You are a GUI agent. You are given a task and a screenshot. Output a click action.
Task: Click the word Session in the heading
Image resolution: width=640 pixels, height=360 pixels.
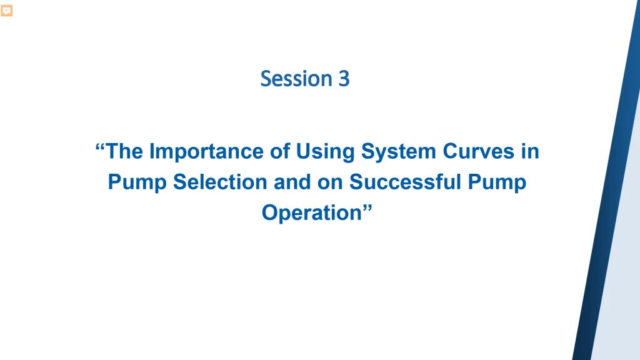294,79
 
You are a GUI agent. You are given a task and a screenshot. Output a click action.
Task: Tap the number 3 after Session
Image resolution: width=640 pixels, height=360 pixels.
344,79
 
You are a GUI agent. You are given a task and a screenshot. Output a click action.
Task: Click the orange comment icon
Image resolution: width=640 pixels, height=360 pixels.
7,11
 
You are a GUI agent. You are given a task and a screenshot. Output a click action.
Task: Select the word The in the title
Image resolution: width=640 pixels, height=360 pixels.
124,152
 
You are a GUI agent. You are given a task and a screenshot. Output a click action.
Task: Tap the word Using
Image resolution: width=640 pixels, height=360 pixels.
319,152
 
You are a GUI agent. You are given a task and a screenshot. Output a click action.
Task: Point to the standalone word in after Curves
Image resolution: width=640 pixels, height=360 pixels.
531,152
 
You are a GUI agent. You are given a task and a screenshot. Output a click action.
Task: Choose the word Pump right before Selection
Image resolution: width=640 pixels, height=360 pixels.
137,182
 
